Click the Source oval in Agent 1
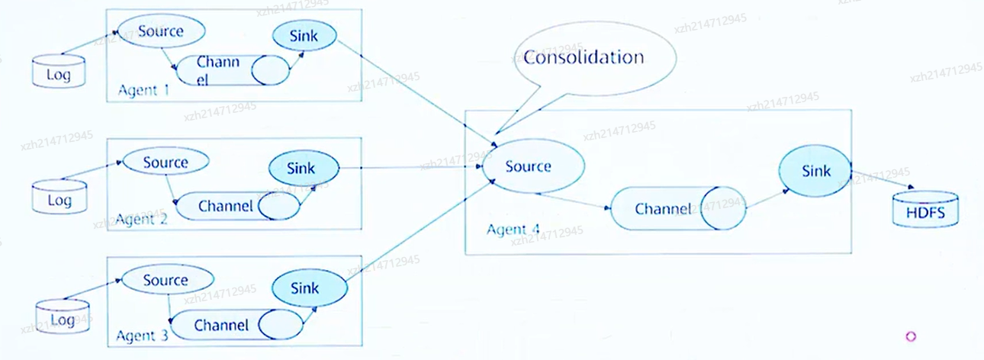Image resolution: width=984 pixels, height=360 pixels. click(x=161, y=32)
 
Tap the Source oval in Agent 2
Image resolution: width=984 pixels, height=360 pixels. click(x=166, y=162)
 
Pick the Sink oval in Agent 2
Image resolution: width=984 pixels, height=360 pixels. click(x=302, y=166)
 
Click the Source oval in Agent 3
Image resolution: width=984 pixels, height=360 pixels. click(x=166, y=280)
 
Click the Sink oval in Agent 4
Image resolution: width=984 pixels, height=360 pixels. click(x=815, y=172)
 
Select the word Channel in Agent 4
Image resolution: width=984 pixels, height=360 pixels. click(x=663, y=208)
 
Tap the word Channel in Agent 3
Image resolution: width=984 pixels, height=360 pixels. click(x=221, y=325)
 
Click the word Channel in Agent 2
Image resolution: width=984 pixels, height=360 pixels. click(x=225, y=206)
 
